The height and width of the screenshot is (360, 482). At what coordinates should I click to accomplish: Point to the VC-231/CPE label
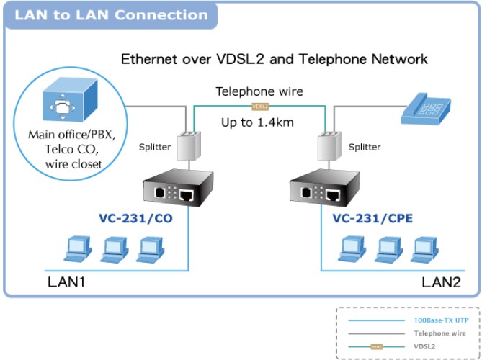click(372, 217)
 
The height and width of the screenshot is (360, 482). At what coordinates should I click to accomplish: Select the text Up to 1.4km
click(258, 122)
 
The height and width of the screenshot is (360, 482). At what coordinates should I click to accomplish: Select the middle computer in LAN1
click(112, 248)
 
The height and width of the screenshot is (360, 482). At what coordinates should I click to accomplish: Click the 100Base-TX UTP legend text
click(436, 320)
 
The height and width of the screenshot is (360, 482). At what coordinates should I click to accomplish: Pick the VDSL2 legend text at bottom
click(426, 346)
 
